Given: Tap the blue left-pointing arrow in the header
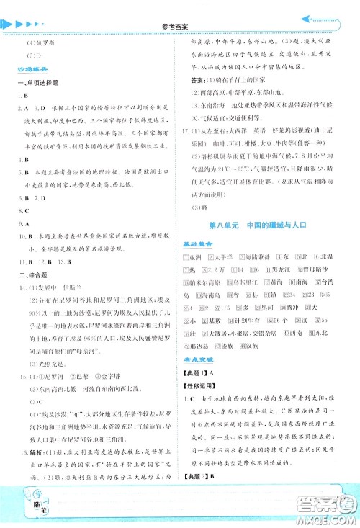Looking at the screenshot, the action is click(318, 21).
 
